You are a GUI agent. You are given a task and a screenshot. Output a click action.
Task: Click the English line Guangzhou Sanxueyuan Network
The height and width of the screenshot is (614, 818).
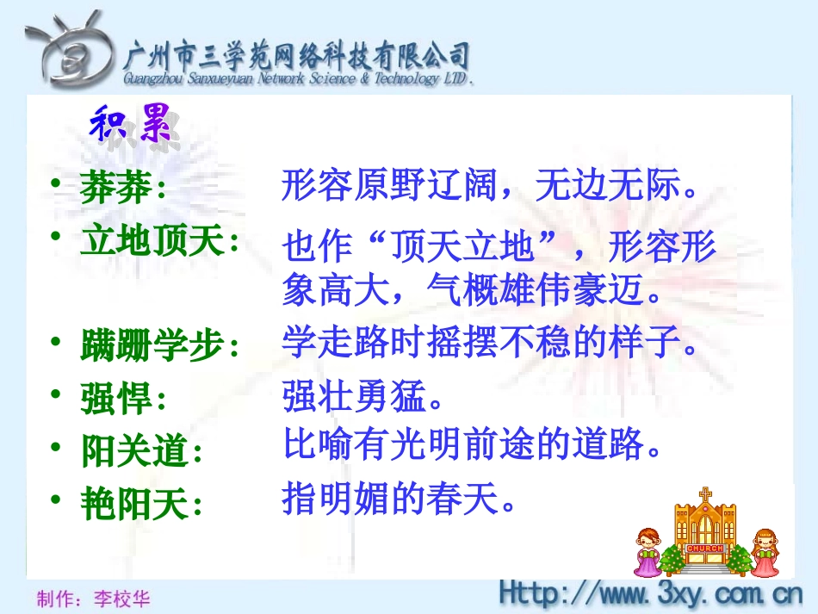(297, 80)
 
